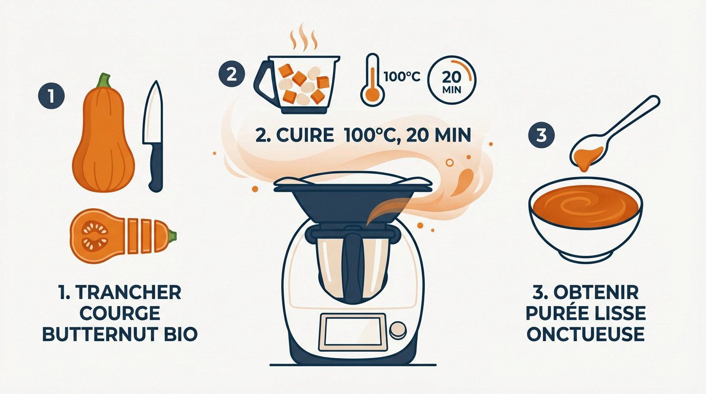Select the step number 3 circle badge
coord(540,136)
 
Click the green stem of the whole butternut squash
coord(105,81)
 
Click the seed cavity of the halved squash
coord(95,237)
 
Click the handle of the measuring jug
coord(263,82)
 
